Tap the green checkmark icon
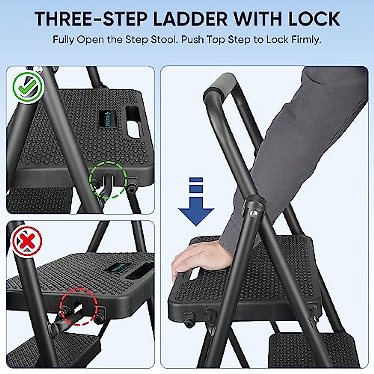click(27, 88)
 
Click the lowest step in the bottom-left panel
click(53, 349)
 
